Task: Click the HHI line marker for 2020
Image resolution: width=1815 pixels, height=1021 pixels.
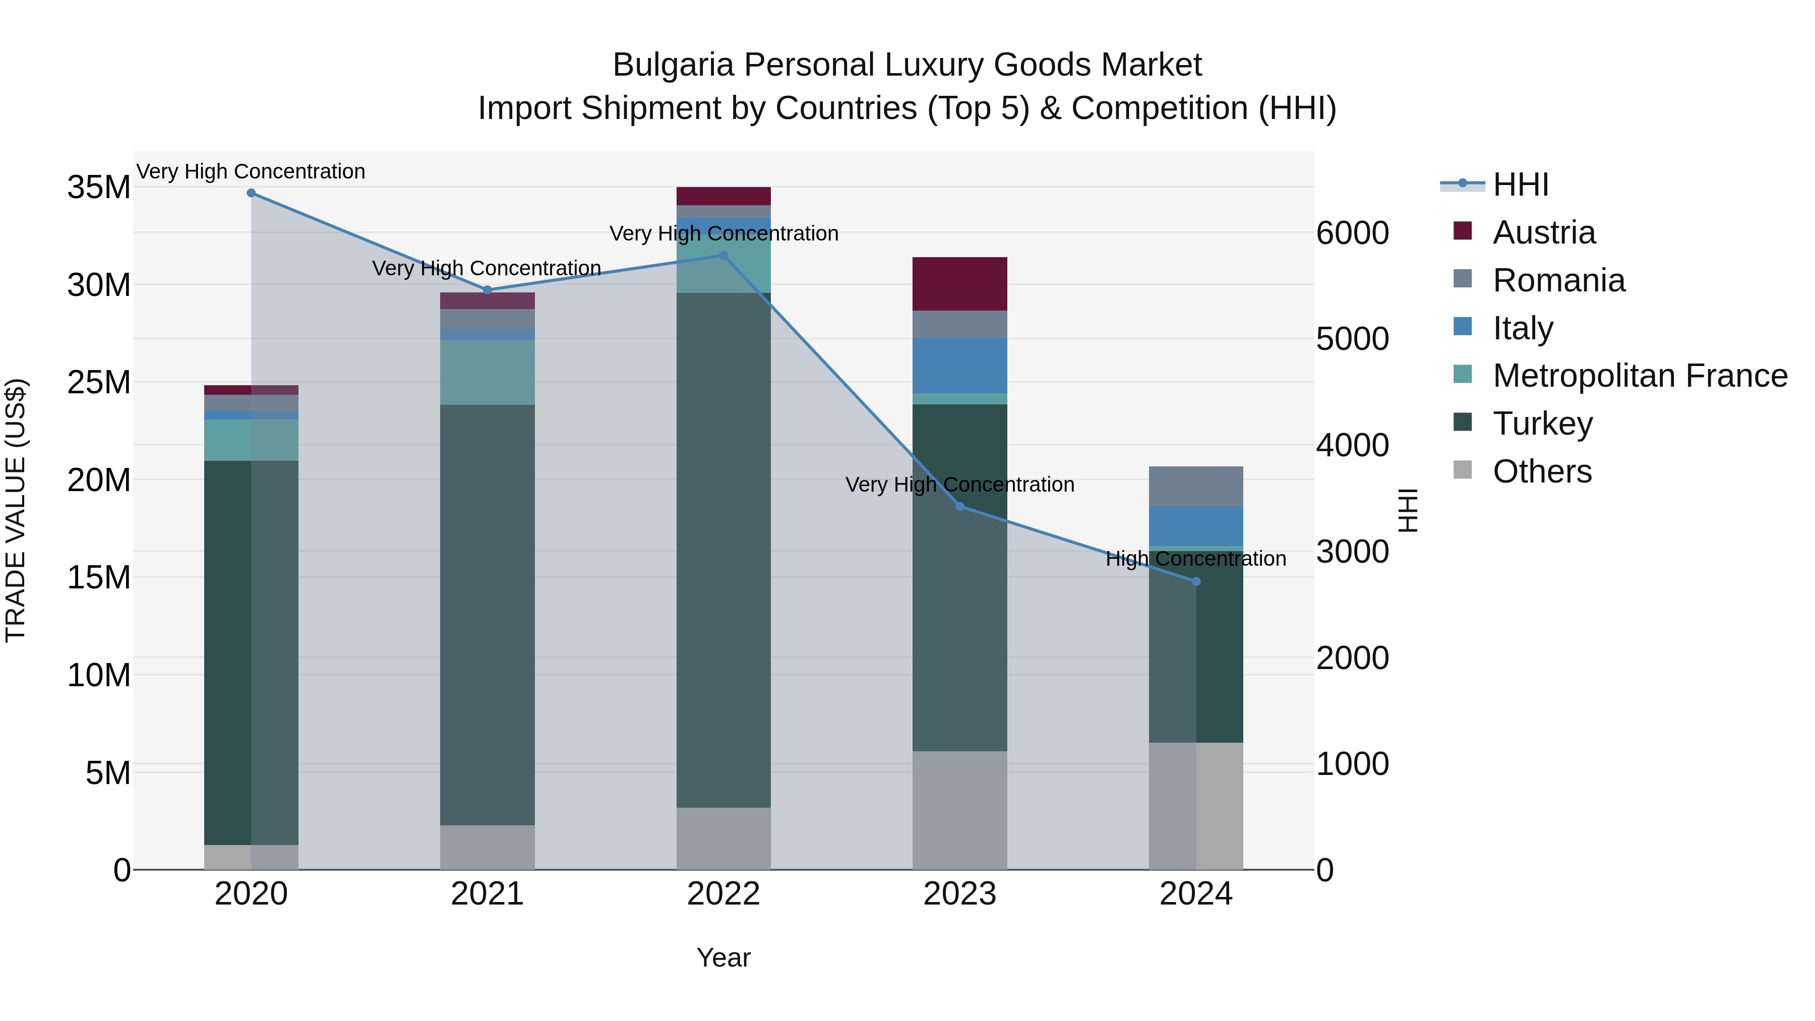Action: [x=251, y=193]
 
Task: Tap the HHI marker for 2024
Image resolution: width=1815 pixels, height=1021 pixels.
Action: [x=1196, y=581]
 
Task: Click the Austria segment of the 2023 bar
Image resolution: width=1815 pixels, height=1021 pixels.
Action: [x=959, y=283]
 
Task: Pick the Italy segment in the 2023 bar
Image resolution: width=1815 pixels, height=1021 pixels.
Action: [x=959, y=365]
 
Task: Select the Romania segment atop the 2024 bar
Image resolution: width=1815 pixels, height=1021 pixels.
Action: [x=1196, y=486]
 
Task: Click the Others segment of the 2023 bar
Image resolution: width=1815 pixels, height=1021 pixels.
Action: [x=959, y=810]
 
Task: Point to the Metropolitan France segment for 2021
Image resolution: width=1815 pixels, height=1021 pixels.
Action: [x=487, y=372]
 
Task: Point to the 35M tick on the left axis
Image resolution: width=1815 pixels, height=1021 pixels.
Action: [x=99, y=188]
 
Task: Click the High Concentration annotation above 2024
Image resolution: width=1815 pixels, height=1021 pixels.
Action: [x=1196, y=559]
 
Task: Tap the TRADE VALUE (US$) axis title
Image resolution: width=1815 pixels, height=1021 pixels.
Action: [x=16, y=511]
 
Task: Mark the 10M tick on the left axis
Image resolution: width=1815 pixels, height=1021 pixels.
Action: [x=99, y=676]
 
